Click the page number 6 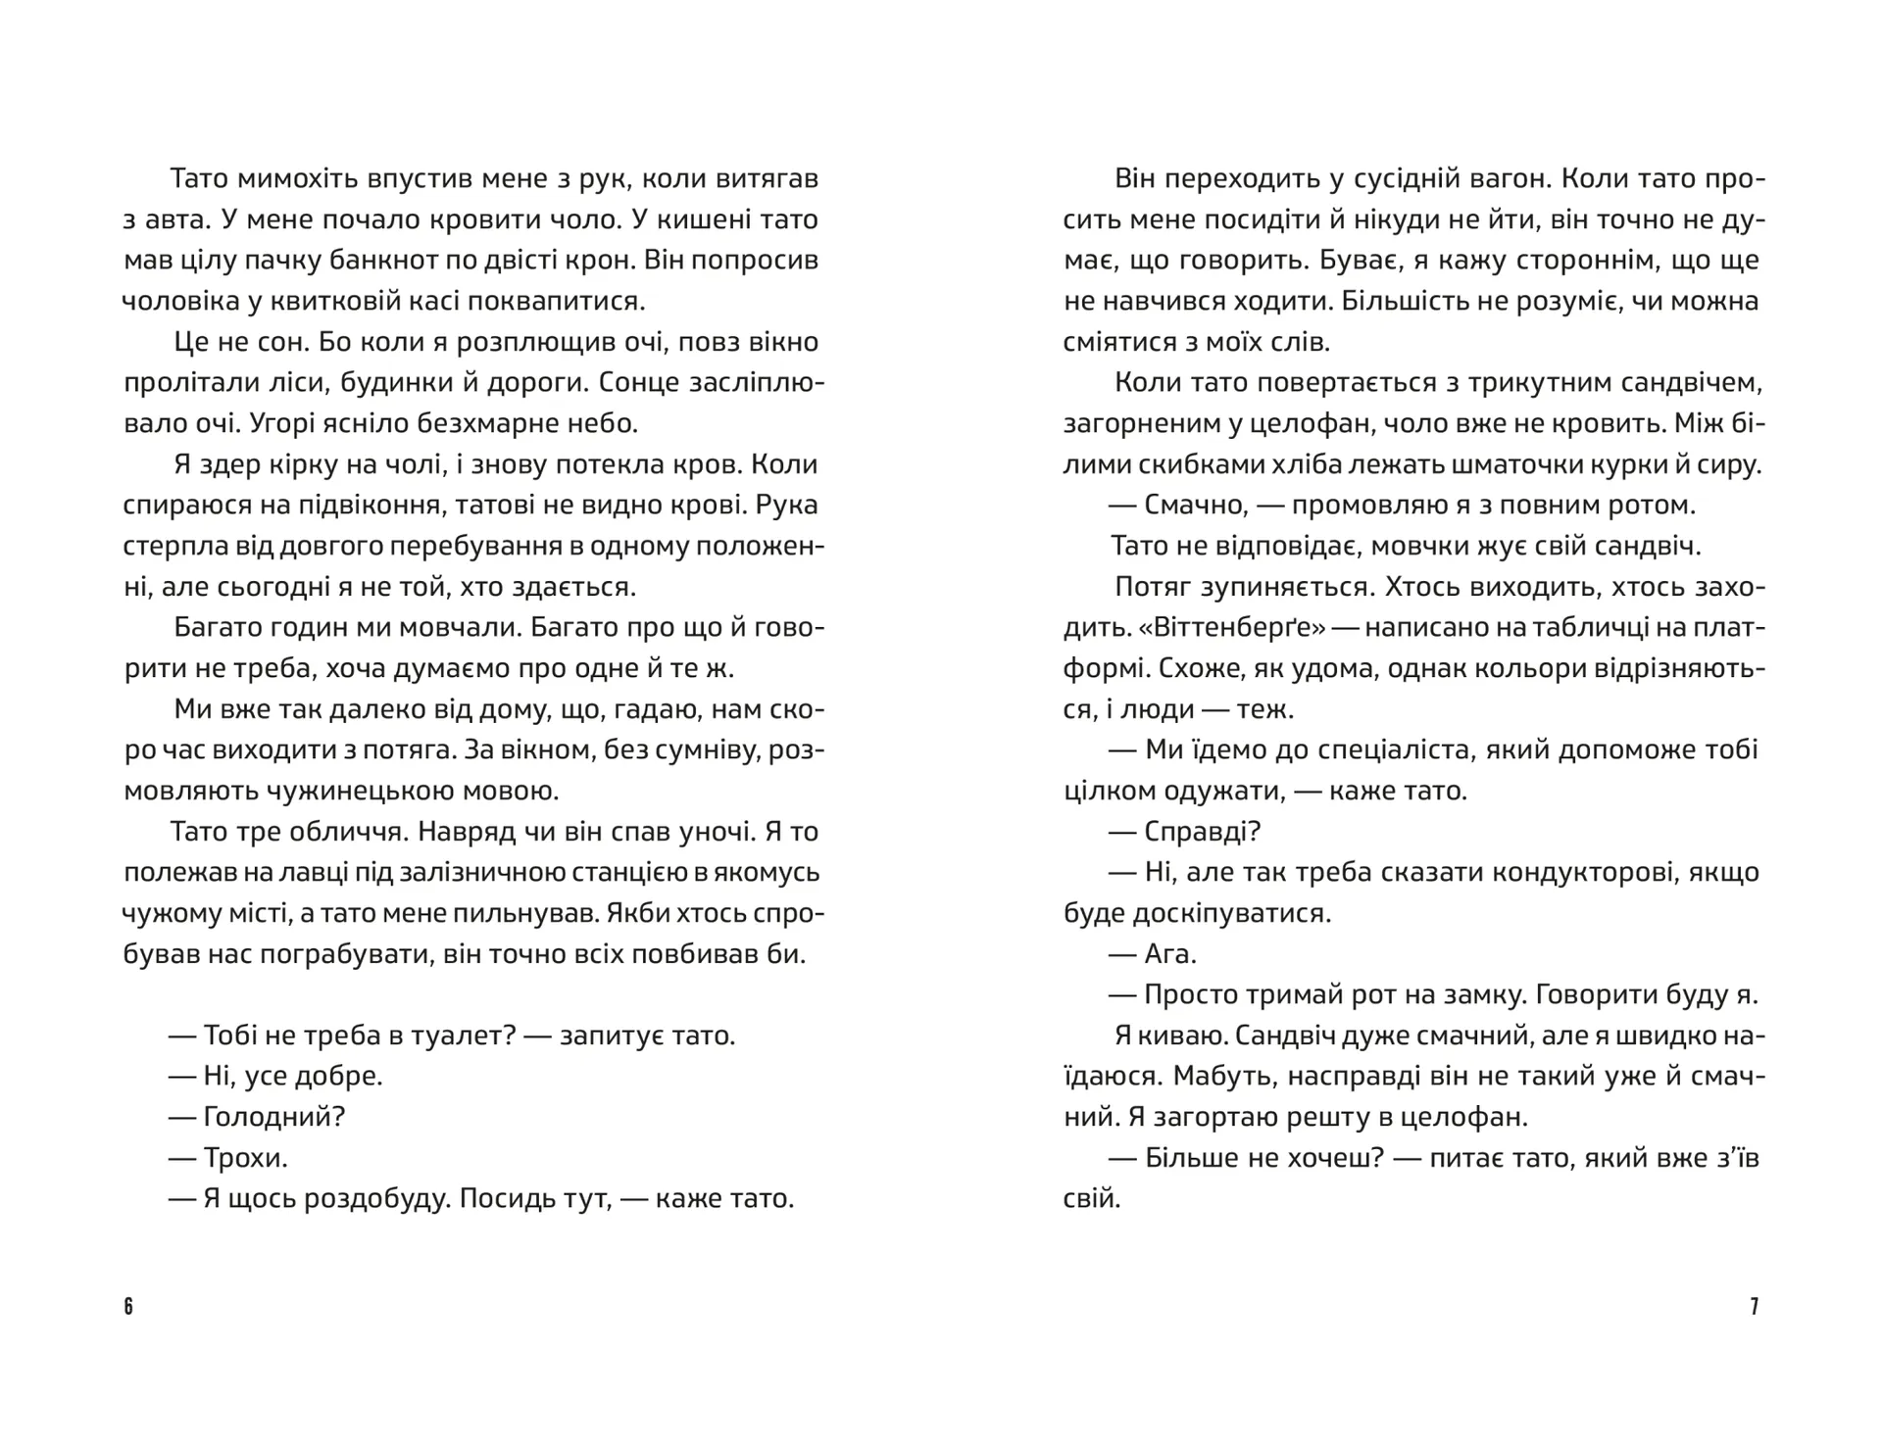[x=128, y=1307]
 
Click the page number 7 [x=1754, y=1307]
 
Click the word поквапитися [x=555, y=302]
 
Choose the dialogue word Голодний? [x=273, y=1117]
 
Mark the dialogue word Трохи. [x=245, y=1158]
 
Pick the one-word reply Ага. [x=1170, y=954]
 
